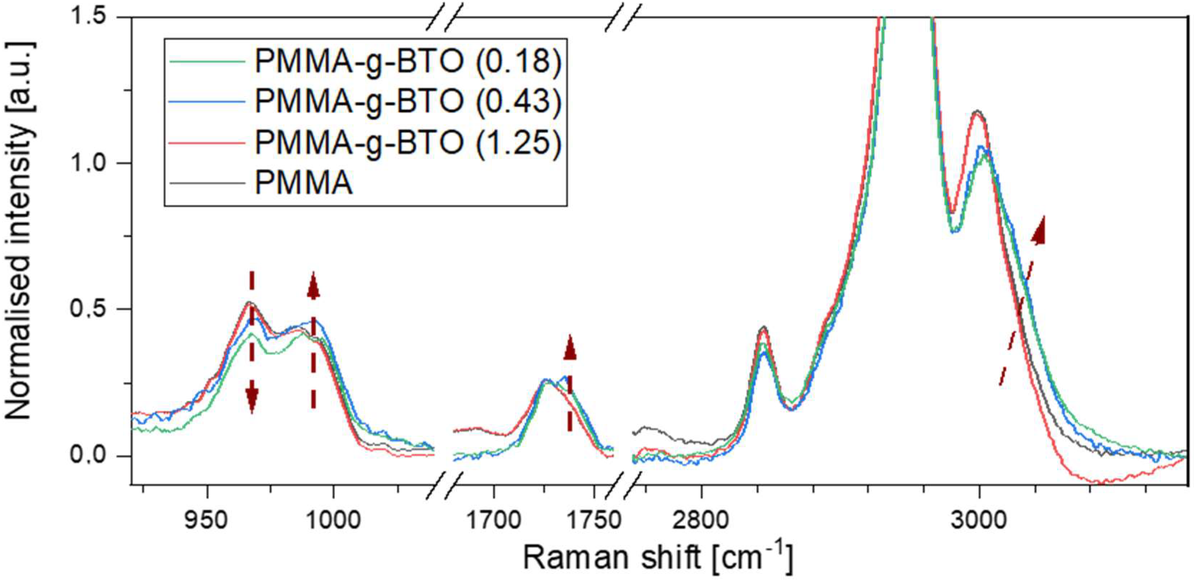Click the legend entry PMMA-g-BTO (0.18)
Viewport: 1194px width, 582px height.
click(x=408, y=61)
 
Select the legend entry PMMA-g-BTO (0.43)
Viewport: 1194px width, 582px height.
click(x=408, y=101)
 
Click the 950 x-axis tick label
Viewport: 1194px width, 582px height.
click(x=206, y=520)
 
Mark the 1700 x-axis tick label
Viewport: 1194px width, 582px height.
click(x=494, y=520)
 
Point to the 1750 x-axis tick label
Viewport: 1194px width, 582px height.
click(x=594, y=520)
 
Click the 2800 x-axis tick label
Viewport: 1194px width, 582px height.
click(x=701, y=520)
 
